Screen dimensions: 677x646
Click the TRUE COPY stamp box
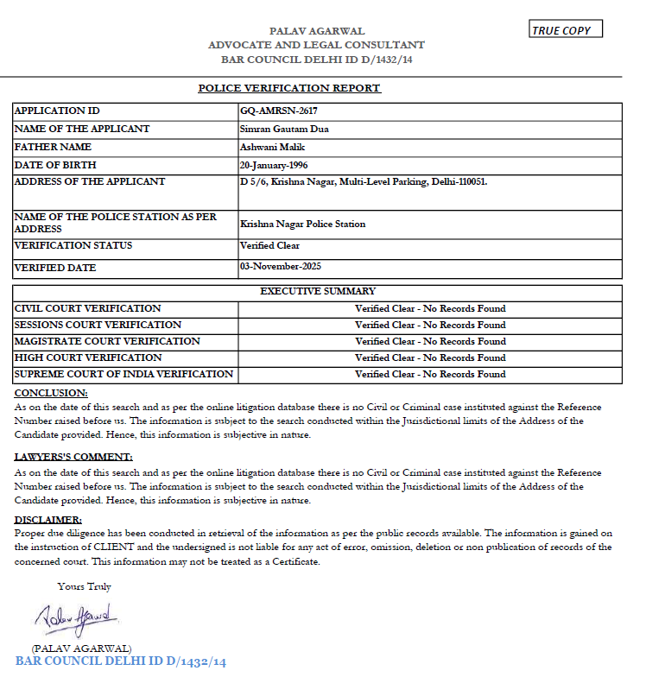pos(566,30)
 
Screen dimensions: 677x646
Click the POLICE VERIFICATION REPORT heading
pos(289,88)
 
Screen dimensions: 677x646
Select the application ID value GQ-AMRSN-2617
pos(273,111)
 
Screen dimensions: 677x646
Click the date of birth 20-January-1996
pos(275,165)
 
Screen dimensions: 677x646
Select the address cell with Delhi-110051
pos(364,182)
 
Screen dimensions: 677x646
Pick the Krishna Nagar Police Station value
pos(302,224)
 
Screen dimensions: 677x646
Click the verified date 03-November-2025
pos(280,267)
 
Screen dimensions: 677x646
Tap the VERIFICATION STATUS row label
pos(73,246)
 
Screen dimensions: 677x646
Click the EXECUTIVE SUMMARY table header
pos(318,292)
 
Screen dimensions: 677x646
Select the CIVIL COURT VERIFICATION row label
pos(88,308)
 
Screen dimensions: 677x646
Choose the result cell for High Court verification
pos(430,357)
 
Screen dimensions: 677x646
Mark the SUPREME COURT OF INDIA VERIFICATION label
pos(123,374)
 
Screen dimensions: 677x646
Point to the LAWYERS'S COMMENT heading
pos(74,457)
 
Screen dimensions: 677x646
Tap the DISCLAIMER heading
pos(48,520)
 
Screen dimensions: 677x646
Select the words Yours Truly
pos(84,586)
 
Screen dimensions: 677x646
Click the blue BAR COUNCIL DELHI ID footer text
pos(121,662)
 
